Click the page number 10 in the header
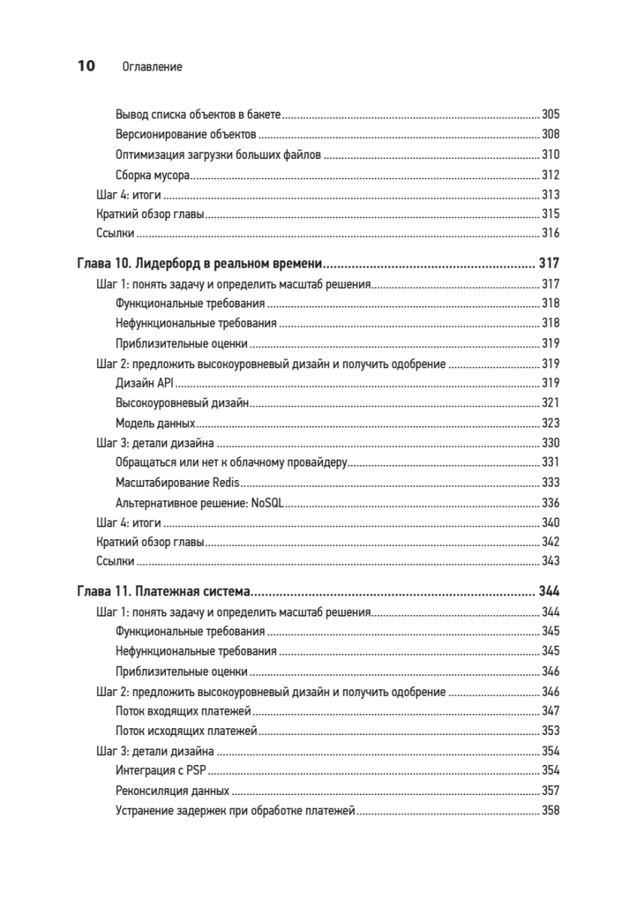click(86, 67)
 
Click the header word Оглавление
click(152, 67)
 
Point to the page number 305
click(551, 115)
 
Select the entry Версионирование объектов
click(187, 135)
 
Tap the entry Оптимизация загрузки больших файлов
click(218, 155)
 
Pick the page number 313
click(551, 195)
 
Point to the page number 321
click(551, 403)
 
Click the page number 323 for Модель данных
click(551, 423)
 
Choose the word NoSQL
click(267, 502)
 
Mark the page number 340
click(551, 522)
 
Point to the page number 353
click(551, 730)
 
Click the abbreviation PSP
click(197, 770)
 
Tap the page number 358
click(551, 810)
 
